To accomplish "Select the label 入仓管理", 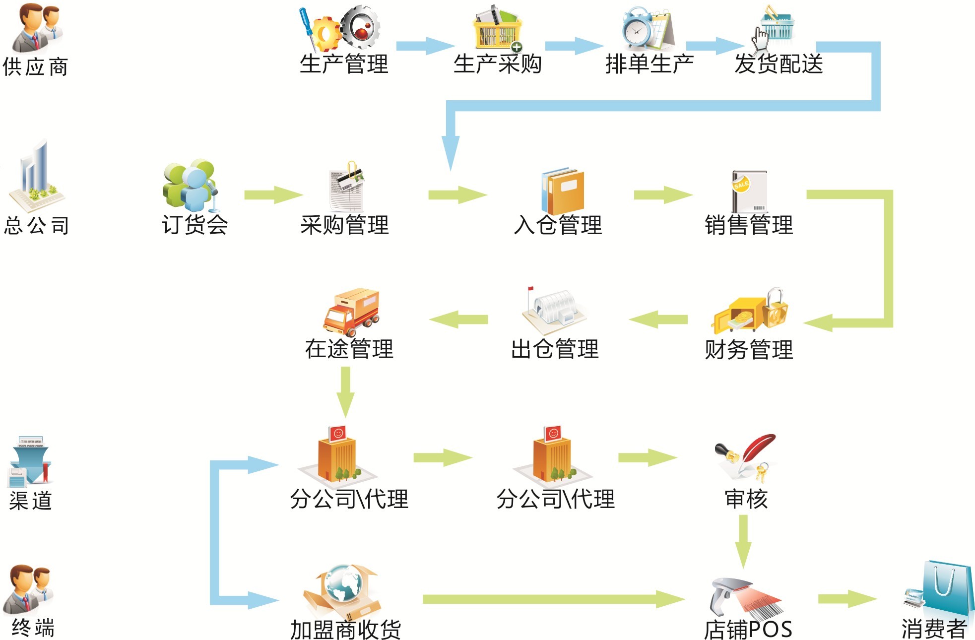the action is pyautogui.click(x=558, y=225).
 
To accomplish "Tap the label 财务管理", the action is pyautogui.click(x=749, y=350).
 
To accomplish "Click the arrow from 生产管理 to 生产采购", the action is pyautogui.click(x=425, y=46).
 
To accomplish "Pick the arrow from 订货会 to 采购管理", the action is pyautogui.click(x=273, y=195).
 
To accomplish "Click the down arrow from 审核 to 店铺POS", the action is pyautogui.click(x=743, y=541).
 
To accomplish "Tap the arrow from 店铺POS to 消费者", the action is pyautogui.click(x=848, y=599).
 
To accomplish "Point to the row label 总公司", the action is pyautogui.click(x=36, y=226).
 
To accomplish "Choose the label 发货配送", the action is pyautogui.click(x=779, y=64).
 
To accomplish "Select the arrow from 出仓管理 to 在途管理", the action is pyautogui.click(x=458, y=320).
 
